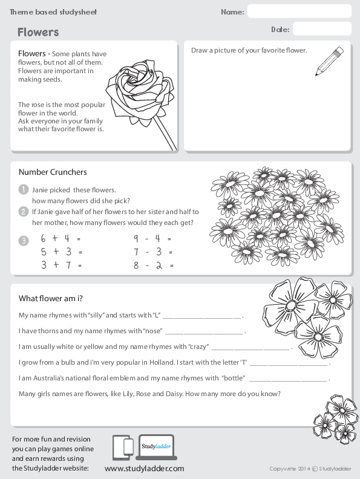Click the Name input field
click(x=299, y=11)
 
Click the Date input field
click(x=321, y=29)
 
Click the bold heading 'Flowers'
click(x=38, y=32)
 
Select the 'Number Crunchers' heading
click(x=53, y=172)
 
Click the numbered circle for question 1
click(x=24, y=189)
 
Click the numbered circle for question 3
click(x=24, y=241)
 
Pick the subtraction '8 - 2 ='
click(x=153, y=265)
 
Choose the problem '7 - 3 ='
click(x=153, y=252)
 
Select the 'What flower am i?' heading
click(x=50, y=298)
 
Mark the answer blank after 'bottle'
click(x=287, y=380)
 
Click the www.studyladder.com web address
click(x=144, y=469)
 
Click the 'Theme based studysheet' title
click(x=53, y=12)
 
